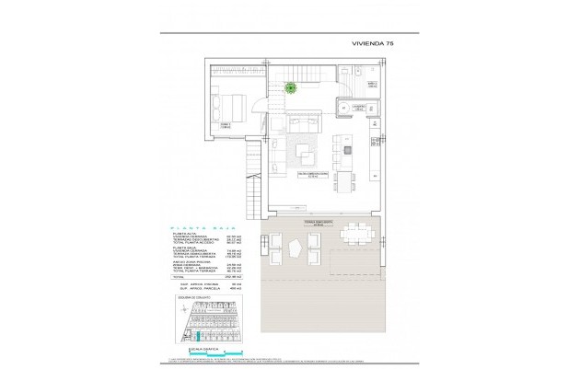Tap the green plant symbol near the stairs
pos(291,87)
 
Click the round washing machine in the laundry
pos(343,109)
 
